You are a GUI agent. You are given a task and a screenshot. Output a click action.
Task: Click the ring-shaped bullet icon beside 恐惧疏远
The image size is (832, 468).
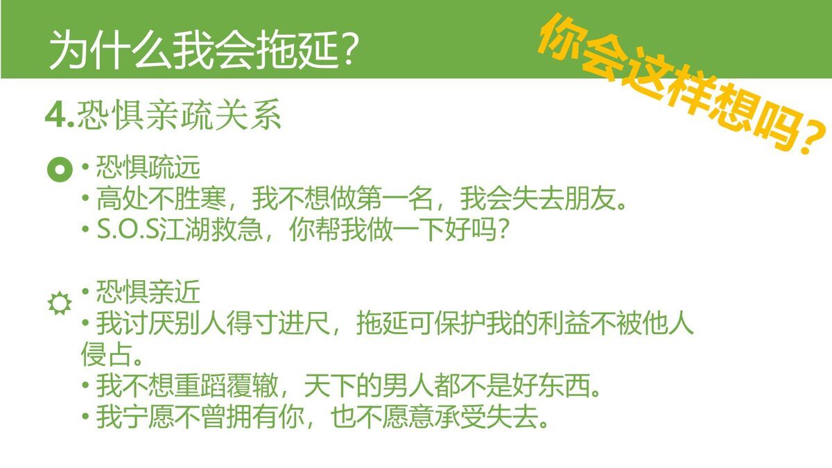click(60, 170)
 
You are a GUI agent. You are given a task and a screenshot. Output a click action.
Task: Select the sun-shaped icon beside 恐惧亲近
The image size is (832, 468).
click(59, 304)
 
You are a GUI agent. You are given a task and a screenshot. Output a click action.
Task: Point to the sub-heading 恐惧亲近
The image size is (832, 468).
click(148, 293)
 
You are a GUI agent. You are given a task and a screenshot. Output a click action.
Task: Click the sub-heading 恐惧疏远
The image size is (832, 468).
click(148, 168)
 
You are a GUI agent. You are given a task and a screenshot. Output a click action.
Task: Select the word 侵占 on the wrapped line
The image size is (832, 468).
click(101, 355)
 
